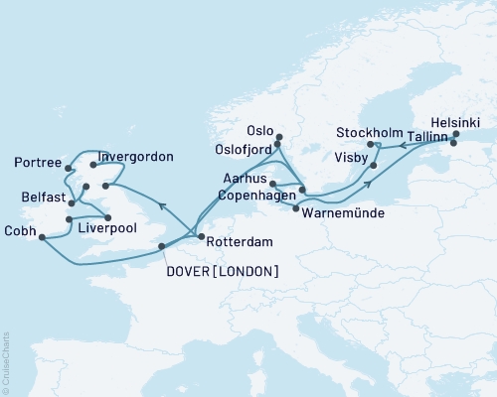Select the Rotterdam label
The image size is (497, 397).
[240, 238]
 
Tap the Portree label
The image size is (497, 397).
[39, 163]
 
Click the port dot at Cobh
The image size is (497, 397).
[42, 235]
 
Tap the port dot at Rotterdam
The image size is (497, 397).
[201, 236]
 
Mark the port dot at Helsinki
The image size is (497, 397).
[455, 134]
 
